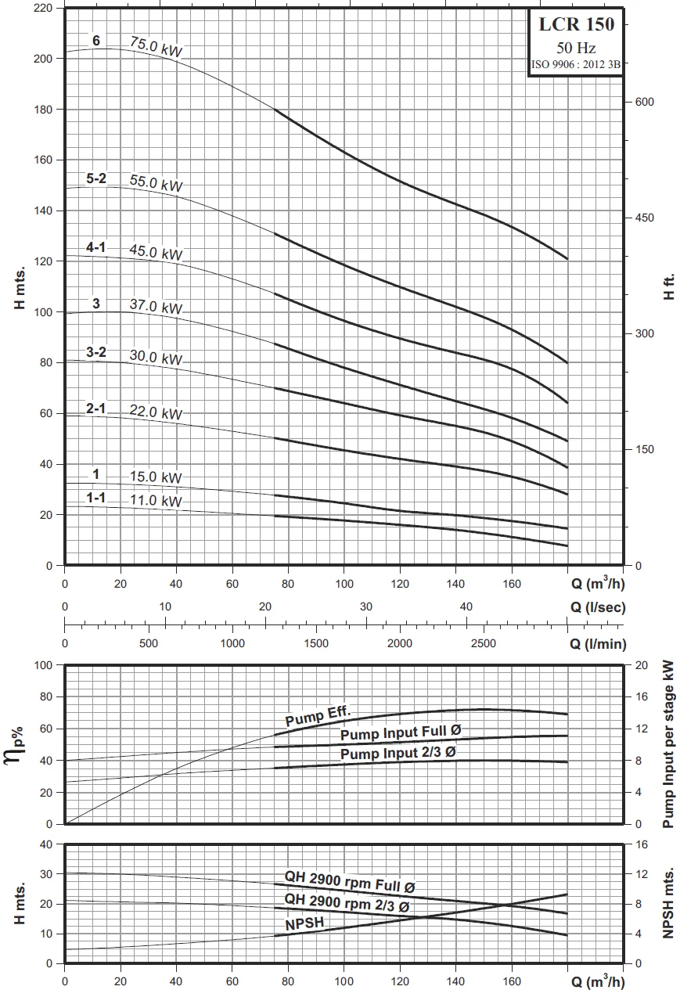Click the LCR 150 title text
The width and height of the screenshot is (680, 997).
pos(576,25)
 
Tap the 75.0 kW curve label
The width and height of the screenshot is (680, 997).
pos(157,47)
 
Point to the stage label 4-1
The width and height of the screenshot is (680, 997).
pos(96,247)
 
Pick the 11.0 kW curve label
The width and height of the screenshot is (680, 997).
pos(156,501)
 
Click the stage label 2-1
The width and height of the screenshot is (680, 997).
pos(96,407)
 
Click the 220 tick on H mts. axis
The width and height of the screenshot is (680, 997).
pos(43,8)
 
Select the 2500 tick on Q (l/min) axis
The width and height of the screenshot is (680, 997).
pos(484,643)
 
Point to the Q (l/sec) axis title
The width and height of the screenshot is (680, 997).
pos(597,607)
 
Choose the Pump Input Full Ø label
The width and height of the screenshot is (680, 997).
pos(399,734)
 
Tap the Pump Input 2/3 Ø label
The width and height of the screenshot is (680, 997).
pos(398,753)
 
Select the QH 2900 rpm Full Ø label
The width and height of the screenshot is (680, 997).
pos(349,882)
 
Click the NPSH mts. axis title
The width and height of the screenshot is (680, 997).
pos(669,904)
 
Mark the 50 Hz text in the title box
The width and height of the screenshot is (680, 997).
pos(576,48)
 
